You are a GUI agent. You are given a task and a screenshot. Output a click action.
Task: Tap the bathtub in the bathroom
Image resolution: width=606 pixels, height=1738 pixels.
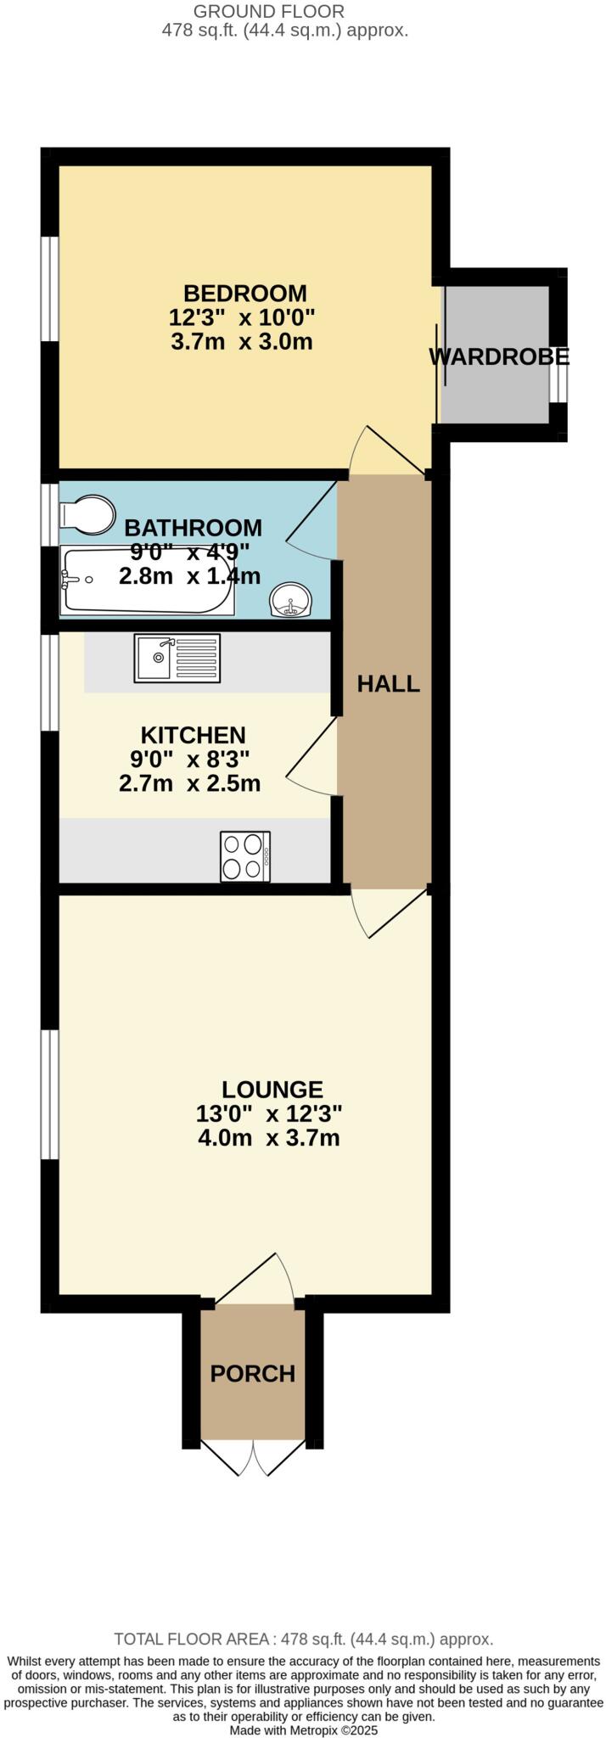[x=146, y=582]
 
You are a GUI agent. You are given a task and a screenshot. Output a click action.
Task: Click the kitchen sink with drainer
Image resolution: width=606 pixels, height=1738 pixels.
[x=177, y=658]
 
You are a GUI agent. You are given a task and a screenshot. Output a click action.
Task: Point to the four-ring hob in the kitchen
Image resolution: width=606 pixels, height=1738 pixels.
[x=245, y=856]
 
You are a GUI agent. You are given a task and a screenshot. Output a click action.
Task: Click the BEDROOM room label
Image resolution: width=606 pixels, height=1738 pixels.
[x=245, y=294]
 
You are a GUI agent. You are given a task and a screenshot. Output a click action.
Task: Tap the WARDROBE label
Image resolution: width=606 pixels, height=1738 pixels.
[x=498, y=357]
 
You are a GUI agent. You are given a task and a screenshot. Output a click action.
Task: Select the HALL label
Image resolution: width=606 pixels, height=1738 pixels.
[x=388, y=684]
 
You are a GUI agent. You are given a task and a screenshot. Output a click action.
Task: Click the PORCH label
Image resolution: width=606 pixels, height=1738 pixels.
[x=252, y=1373]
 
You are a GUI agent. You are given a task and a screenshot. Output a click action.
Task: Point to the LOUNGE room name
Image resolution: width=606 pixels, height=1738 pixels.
[x=272, y=1089]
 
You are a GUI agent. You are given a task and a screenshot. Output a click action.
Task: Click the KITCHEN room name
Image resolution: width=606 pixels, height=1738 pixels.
[x=193, y=734]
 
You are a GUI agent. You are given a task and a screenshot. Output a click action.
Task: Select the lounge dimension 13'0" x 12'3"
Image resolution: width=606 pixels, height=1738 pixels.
[x=269, y=1113]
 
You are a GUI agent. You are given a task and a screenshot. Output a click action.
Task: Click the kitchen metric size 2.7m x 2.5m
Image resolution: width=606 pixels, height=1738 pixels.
[x=189, y=783]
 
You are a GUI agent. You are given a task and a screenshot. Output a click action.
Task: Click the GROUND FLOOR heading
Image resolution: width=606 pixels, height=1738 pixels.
[x=269, y=12]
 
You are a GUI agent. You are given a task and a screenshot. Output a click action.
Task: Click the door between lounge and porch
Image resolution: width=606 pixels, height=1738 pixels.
[x=255, y=1278]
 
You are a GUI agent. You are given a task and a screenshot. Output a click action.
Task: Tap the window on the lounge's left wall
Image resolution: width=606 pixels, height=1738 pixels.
[x=50, y=1094]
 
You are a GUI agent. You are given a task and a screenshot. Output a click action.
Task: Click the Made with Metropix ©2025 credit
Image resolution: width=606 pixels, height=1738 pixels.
[x=303, y=1730]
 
